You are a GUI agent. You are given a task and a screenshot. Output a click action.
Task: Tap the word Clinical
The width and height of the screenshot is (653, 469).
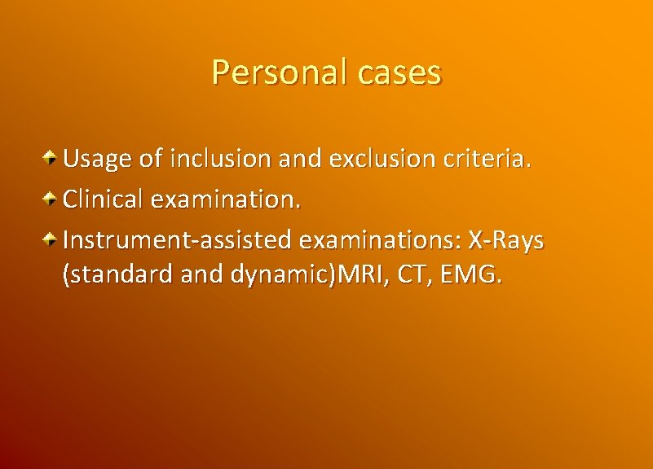pyautogui.click(x=104, y=198)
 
